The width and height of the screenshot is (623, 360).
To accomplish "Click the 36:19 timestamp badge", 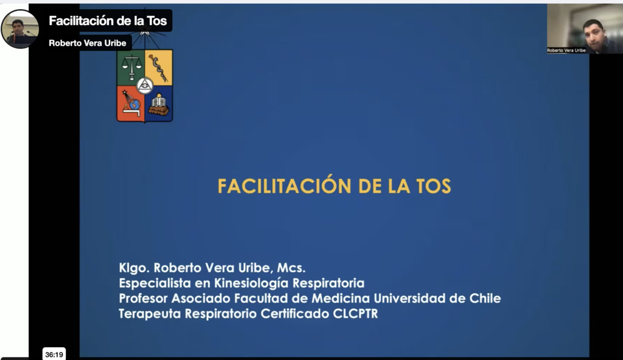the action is click(54, 355).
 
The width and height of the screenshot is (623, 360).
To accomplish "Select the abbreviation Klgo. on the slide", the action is click(134, 268).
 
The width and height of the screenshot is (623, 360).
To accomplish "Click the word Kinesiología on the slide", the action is click(251, 283).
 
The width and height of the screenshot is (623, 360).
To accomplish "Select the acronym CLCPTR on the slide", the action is click(355, 314).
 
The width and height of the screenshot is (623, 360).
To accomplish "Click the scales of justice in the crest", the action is click(131, 67).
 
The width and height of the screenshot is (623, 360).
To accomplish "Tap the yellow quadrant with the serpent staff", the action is click(159, 67).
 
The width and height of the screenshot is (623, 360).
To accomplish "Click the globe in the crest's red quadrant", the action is click(134, 105).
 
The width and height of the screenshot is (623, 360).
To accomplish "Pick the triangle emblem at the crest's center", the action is click(145, 85).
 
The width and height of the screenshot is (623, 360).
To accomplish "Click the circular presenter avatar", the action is click(20, 29).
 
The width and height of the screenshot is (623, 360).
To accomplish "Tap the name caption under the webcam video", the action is click(566, 50).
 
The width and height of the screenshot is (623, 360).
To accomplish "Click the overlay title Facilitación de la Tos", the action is click(108, 21).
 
